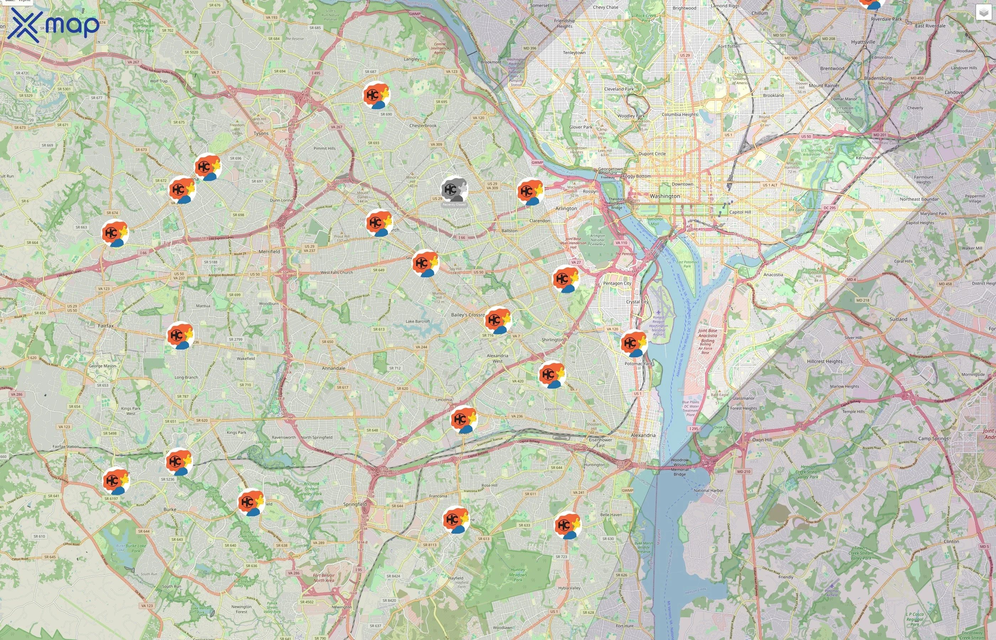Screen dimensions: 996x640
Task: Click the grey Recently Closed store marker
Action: click(454, 190)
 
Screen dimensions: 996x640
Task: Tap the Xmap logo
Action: click(53, 25)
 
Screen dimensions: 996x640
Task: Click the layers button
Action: click(983, 12)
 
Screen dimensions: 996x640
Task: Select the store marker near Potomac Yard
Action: click(634, 343)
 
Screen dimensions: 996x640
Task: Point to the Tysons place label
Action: click(261, 133)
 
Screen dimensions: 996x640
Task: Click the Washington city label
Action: click(665, 196)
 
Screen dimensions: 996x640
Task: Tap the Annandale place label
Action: click(333, 368)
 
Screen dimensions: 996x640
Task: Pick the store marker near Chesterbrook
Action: click(376, 95)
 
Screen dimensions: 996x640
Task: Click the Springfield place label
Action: click(355, 504)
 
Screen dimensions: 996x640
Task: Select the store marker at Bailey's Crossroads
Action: click(498, 320)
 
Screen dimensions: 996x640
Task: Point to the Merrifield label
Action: click(269, 251)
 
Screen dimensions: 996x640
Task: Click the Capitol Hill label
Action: click(740, 212)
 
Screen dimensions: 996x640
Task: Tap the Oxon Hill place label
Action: click(762, 440)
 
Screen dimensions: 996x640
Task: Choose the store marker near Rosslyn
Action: click(530, 191)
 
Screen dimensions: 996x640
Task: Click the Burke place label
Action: click(170, 509)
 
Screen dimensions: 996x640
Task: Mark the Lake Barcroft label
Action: click(418, 321)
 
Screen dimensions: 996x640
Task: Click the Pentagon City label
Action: click(617, 283)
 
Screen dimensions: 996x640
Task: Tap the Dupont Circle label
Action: click(652, 154)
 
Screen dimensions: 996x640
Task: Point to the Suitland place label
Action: click(898, 319)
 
